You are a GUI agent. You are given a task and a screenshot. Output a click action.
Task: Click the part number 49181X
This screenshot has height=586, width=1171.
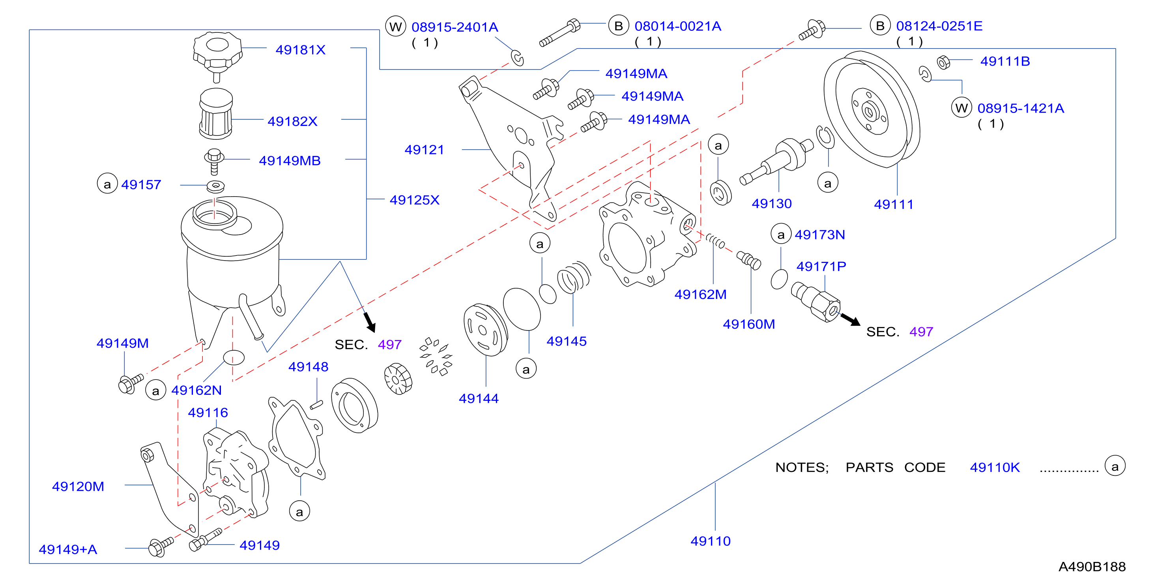(x=301, y=50)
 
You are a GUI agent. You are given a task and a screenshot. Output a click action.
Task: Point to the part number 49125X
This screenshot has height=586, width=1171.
(x=415, y=200)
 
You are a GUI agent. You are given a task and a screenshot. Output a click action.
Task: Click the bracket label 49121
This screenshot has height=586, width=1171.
(x=424, y=150)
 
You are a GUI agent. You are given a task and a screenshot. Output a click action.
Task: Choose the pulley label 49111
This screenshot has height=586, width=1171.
(x=893, y=204)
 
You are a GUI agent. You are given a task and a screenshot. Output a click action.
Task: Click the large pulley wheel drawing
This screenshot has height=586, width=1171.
(x=872, y=109)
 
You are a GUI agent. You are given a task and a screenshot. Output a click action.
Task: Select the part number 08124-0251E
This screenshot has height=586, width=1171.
(x=939, y=26)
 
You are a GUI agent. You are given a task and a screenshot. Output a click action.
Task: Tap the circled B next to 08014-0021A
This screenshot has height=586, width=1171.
(x=618, y=26)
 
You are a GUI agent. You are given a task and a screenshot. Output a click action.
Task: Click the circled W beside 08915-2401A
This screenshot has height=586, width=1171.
(x=395, y=27)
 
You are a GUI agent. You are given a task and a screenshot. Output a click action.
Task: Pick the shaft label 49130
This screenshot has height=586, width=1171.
(x=771, y=203)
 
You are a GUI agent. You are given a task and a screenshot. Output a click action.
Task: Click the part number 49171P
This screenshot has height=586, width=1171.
(x=821, y=266)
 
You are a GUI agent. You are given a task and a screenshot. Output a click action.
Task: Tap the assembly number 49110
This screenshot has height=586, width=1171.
(x=711, y=541)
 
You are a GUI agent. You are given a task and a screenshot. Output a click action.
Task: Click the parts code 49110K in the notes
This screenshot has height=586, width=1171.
(x=995, y=467)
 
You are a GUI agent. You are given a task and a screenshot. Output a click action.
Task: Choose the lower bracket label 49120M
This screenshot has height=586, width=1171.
(x=78, y=486)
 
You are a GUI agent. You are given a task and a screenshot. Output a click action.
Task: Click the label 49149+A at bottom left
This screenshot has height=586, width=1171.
(x=68, y=549)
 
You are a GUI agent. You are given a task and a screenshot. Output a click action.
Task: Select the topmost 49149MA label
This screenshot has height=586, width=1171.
(x=636, y=73)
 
